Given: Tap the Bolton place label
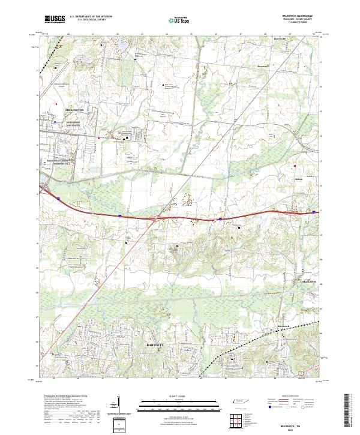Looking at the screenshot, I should tap(283, 179).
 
